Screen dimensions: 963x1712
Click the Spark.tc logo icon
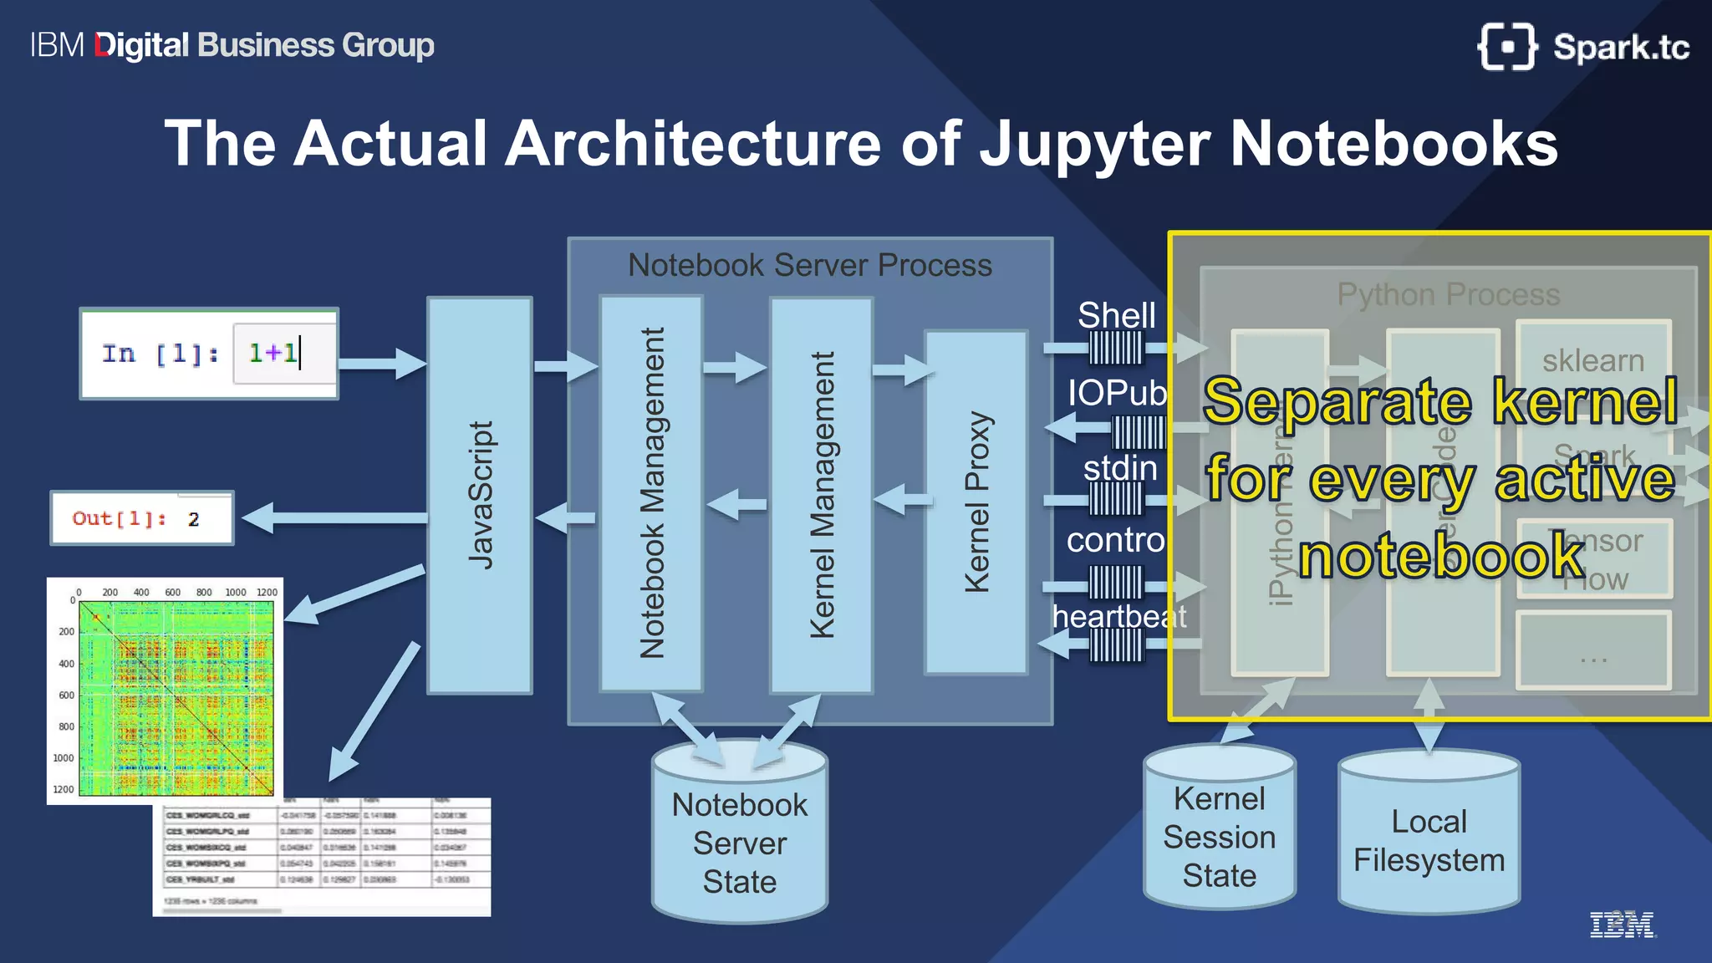point(1507,47)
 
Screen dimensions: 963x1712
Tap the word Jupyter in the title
point(1094,144)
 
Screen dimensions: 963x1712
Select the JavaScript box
point(480,495)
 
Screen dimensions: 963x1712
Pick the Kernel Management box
point(822,495)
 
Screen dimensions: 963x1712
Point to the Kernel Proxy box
point(976,502)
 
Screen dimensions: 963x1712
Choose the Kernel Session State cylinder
point(1220,836)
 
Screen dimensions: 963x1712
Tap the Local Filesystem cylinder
point(1429,840)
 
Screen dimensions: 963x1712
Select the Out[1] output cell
point(142,518)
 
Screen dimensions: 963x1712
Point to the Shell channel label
point(1117,316)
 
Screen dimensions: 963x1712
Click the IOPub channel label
point(1117,393)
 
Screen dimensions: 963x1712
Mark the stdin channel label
point(1120,468)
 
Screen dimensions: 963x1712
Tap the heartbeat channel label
point(1119,616)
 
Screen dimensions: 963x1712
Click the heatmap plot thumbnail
point(166,690)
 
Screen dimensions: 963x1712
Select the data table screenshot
point(323,857)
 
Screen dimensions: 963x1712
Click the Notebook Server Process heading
point(810,265)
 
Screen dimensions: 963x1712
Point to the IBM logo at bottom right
point(1621,925)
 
